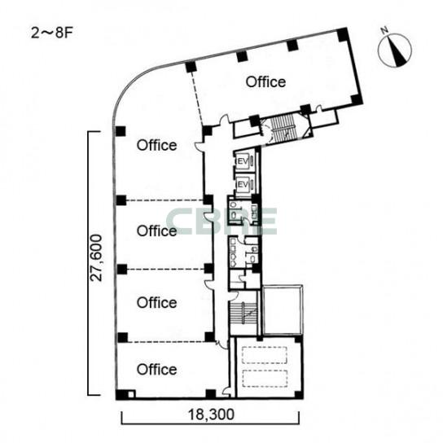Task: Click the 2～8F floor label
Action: pos(51,33)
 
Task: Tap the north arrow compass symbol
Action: pos(394,50)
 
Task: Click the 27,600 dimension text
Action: pos(96,257)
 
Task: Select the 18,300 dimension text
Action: pos(211,414)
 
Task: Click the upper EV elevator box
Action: pos(244,161)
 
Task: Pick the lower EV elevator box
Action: pos(244,184)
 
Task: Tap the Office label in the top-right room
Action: pos(265,82)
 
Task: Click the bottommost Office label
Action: pos(157,369)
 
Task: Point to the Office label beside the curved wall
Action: pos(157,145)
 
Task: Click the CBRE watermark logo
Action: pos(221,221)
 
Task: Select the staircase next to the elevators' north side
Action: pos(283,128)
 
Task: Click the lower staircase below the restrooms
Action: pos(243,313)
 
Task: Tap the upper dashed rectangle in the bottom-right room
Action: pos(265,355)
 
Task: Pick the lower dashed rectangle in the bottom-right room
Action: pos(265,379)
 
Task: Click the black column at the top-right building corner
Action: pos(342,34)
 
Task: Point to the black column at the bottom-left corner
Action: pos(122,394)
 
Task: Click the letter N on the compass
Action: pos(384,30)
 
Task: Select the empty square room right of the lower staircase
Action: pos(283,309)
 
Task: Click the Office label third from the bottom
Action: pos(157,230)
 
